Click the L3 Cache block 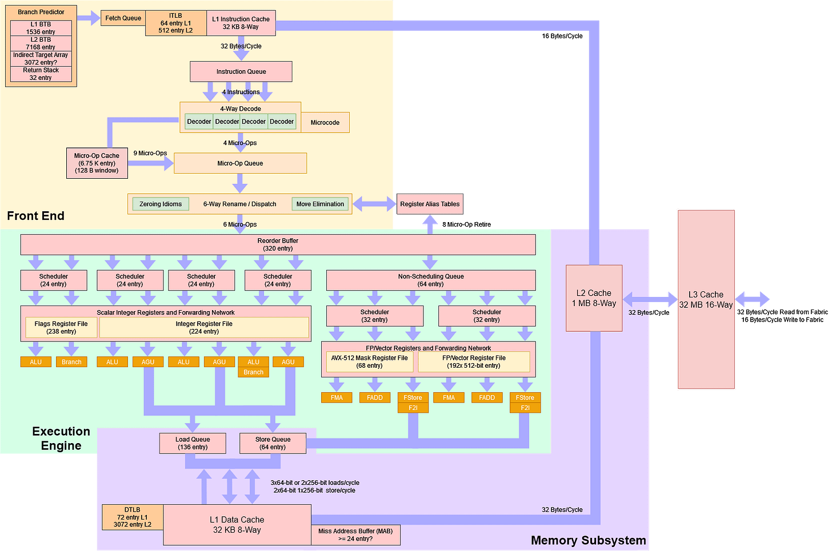(706, 299)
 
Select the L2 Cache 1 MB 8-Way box (594, 297)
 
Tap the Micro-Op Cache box (97, 163)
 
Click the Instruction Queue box (241, 71)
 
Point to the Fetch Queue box (123, 18)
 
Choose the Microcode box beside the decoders (325, 122)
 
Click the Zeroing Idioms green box (161, 204)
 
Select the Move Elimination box (320, 204)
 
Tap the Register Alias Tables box (430, 204)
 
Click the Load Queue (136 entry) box (193, 443)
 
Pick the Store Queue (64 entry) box (273, 443)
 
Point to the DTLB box (132, 517)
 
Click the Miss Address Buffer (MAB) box (355, 535)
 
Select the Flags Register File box (61, 327)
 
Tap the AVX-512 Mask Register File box (369, 361)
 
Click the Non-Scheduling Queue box (430, 280)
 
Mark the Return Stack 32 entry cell (41, 74)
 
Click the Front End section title (35, 216)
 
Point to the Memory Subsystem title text (588, 540)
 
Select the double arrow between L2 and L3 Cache (650, 299)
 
